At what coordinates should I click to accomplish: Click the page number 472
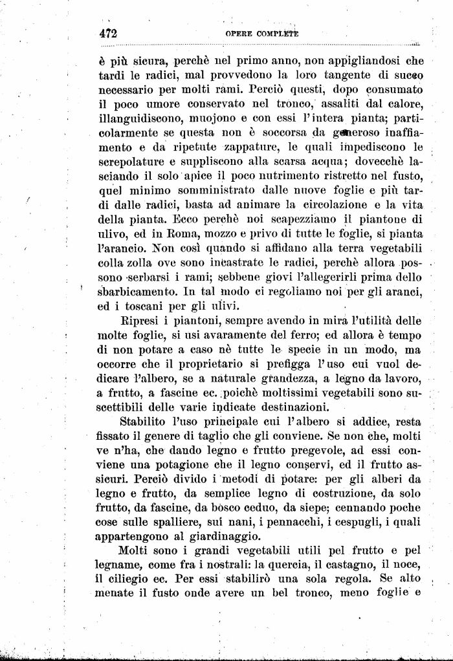pyautogui.click(x=107, y=33)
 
